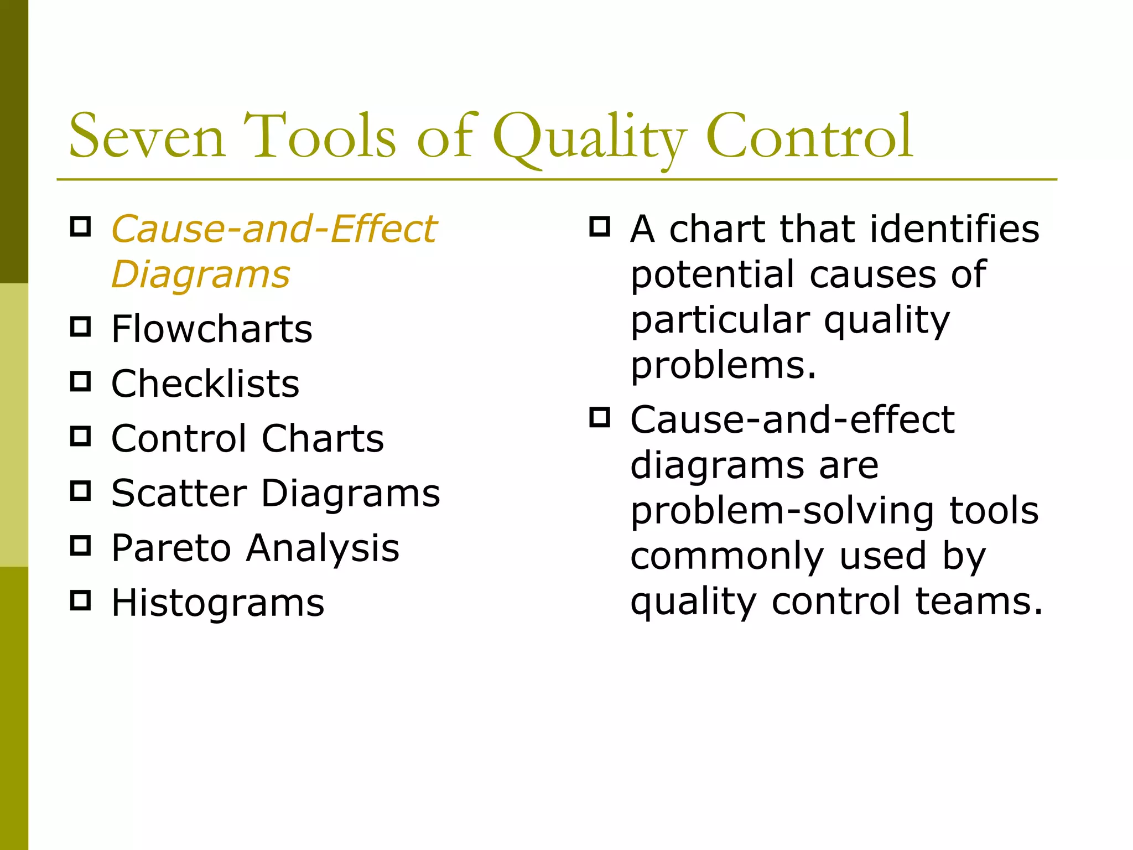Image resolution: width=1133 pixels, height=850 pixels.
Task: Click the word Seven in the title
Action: coord(147,136)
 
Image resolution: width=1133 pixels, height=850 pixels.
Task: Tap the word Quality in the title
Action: coord(589,137)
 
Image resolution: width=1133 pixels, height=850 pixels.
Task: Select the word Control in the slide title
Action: coord(809,136)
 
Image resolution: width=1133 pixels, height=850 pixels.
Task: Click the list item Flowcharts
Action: coord(211,329)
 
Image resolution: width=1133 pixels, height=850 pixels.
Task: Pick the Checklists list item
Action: coord(205,383)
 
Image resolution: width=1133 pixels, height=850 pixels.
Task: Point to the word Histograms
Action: coord(217,603)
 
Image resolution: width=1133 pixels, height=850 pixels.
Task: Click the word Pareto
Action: coord(170,548)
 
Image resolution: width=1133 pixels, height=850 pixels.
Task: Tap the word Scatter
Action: coord(179,493)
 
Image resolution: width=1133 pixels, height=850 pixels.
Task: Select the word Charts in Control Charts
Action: coord(323,438)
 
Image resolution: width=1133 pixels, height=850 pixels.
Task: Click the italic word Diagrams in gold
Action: coord(200,274)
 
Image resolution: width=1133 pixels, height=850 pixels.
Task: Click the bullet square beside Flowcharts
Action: coord(81,326)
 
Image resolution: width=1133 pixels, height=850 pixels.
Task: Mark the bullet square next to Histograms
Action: coord(81,600)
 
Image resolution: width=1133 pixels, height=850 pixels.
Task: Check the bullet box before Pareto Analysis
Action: coord(81,545)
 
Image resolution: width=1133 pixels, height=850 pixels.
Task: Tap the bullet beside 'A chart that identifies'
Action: coord(600,226)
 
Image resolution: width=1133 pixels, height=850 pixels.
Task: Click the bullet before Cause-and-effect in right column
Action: coord(600,417)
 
